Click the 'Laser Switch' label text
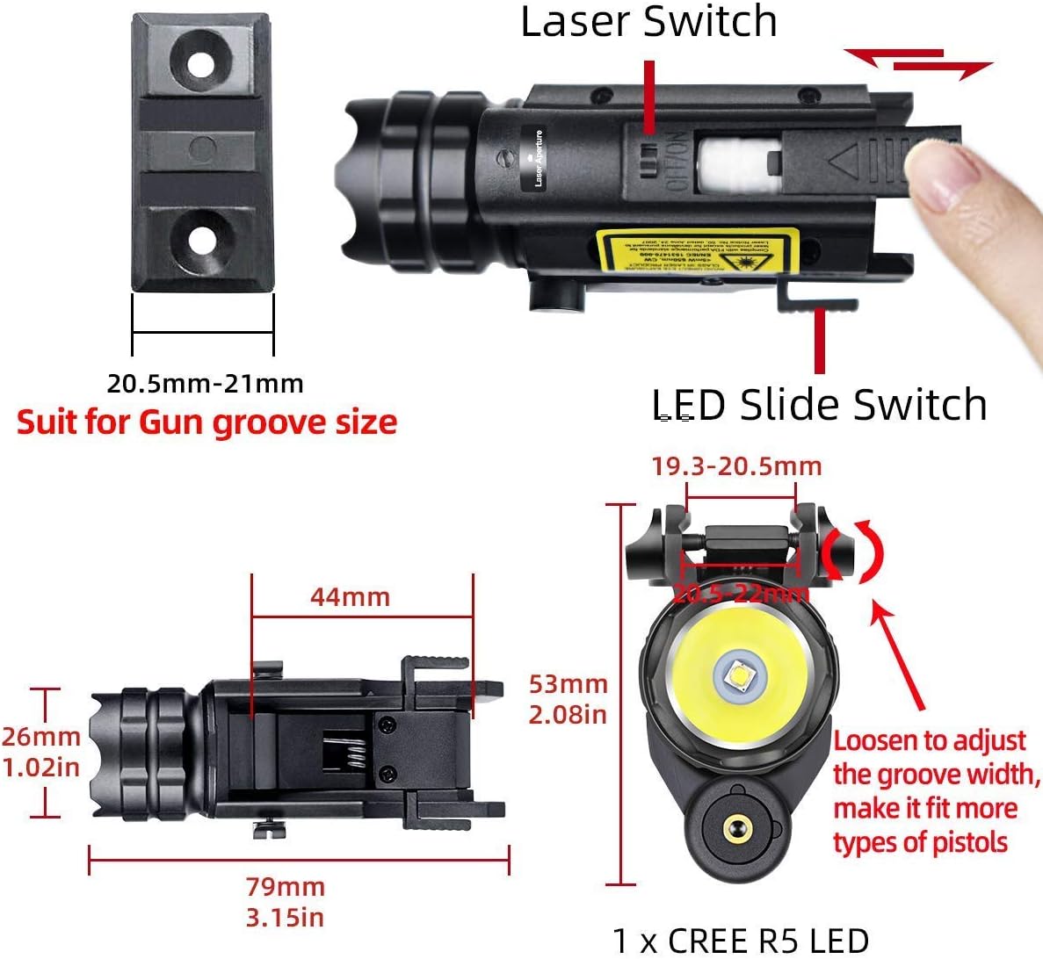[x=648, y=22]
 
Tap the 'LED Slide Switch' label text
[x=819, y=405]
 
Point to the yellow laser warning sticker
[x=697, y=250]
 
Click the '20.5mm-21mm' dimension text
[x=205, y=384]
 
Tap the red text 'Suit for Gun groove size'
[x=206, y=422]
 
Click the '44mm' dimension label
[x=350, y=597]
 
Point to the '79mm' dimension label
[x=285, y=886]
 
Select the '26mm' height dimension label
[x=40, y=737]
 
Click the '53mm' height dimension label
[x=568, y=683]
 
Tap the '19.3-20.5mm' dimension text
[x=736, y=466]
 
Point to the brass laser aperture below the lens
[x=732, y=828]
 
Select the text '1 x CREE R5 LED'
[x=740, y=941]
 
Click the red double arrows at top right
[x=917, y=64]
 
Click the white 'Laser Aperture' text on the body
[x=538, y=158]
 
